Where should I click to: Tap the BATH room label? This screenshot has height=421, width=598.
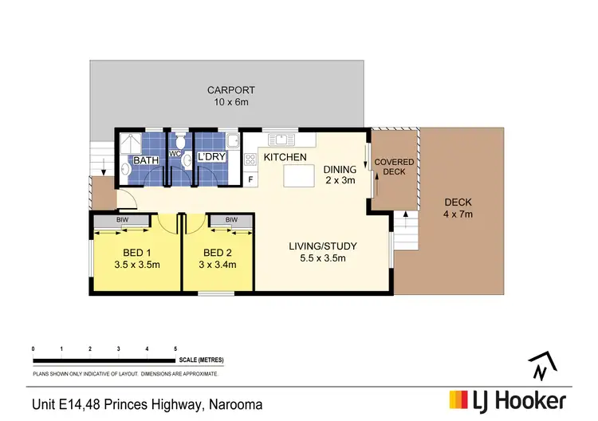(x=146, y=160)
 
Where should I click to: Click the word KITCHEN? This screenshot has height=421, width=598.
(x=286, y=158)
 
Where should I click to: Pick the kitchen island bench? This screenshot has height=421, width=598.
(x=298, y=174)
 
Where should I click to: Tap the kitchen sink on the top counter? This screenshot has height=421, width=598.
(x=280, y=140)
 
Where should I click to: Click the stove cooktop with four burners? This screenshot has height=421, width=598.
(x=250, y=159)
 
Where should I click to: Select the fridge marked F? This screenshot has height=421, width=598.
(x=250, y=179)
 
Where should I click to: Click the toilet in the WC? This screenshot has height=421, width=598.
(x=180, y=142)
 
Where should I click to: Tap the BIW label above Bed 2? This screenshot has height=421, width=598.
(x=230, y=220)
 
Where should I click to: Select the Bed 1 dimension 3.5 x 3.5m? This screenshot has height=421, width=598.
(x=138, y=264)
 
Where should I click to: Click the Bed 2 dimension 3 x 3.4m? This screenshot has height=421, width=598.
(x=218, y=264)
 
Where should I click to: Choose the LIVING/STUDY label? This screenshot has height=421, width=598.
(x=322, y=246)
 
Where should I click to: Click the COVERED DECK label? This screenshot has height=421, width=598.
(x=395, y=166)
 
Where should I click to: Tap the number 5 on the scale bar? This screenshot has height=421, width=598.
(x=175, y=350)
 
